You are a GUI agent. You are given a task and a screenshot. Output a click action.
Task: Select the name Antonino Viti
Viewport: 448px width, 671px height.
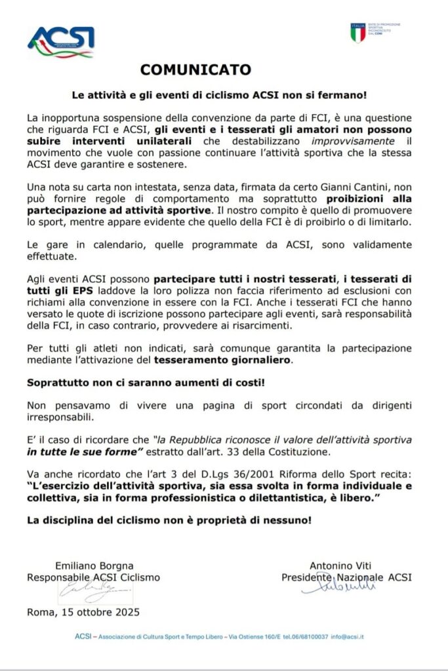point(346,566)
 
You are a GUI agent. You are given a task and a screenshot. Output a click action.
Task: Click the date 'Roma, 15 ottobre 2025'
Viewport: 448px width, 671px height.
point(83,612)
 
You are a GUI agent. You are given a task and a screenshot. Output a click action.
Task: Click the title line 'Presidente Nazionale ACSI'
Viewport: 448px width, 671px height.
point(347,577)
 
